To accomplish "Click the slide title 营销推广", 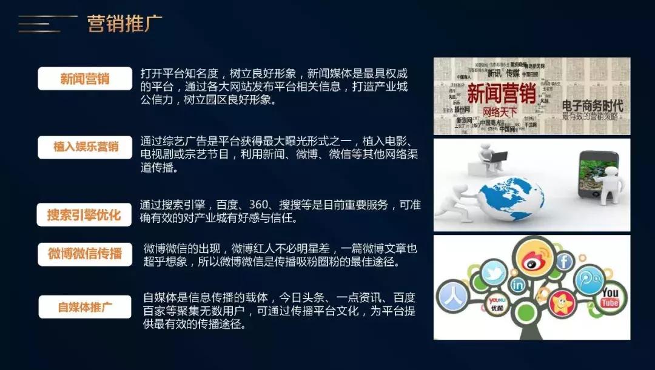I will (124, 24).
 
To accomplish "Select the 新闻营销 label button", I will (85, 78).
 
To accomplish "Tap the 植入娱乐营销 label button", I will (85, 147).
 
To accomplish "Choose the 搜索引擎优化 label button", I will (84, 214).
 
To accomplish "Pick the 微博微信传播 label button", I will (85, 253).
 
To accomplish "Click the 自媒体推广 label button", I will (85, 306).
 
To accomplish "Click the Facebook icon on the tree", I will (564, 261).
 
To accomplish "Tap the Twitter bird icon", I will (494, 274).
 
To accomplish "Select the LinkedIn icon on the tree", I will (517, 285).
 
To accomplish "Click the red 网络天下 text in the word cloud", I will (499, 113).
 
